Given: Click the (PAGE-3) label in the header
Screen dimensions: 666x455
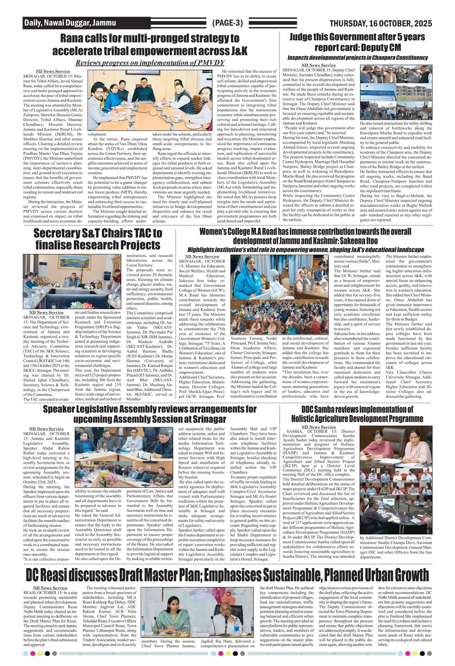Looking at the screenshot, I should pyautogui.click(x=227, y=23).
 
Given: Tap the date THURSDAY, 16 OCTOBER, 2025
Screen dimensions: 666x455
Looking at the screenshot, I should pyautogui.click(x=381, y=23).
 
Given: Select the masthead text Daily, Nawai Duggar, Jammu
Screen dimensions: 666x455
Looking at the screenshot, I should pyautogui.click(x=70, y=23).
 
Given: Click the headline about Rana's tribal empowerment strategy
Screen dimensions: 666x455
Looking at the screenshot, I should pyautogui.click(x=150, y=44).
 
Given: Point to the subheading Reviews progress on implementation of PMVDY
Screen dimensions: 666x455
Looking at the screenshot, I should pyautogui.click(x=150, y=63).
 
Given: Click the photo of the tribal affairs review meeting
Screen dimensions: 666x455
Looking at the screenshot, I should pyautogui.click(x=150, y=100).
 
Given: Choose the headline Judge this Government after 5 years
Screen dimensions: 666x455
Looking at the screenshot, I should pyautogui.click(x=357, y=42).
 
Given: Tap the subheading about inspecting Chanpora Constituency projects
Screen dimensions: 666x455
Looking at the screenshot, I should pyautogui.click(x=357, y=58).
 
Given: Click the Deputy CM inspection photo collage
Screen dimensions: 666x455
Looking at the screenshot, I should pyautogui.click(x=396, y=92).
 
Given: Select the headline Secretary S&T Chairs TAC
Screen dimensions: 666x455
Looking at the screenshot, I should pyautogui.click(x=98, y=239).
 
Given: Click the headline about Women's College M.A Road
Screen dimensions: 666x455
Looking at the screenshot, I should pyautogui.click(x=305, y=236).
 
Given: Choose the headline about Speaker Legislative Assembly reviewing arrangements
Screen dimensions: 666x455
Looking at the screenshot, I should pyautogui.click(x=150, y=414).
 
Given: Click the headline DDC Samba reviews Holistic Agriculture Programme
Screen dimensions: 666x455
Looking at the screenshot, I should pyautogui.click(x=357, y=414).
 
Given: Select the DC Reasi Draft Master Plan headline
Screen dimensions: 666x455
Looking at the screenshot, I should pyautogui.click(x=227, y=575).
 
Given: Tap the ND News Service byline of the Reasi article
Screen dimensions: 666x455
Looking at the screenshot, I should pyautogui.click(x=50, y=588).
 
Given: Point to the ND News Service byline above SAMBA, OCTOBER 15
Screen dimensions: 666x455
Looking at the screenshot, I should pyautogui.click(x=318, y=427).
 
